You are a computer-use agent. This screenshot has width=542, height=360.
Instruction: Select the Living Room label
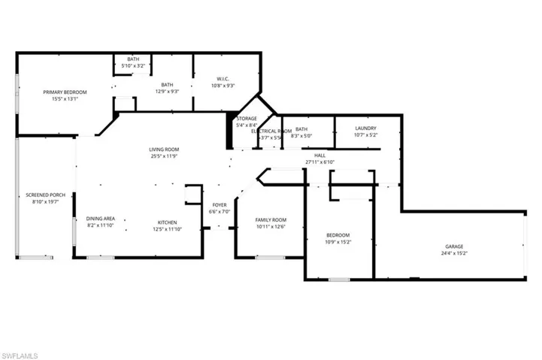(163, 150)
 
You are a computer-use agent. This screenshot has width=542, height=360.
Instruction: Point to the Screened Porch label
(45, 195)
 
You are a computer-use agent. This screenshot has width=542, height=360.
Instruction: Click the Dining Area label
(100, 217)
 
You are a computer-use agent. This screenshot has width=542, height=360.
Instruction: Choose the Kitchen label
(167, 222)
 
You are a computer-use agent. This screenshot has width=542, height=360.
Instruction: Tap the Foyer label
(219, 205)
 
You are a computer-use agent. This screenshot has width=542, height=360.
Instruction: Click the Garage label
(453, 247)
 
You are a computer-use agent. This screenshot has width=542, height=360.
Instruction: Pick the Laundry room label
(365, 129)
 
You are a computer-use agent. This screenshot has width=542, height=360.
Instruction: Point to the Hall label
(319, 156)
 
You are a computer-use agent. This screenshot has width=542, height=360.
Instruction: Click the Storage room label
(247, 119)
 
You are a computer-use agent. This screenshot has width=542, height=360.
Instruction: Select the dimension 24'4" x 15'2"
(453, 254)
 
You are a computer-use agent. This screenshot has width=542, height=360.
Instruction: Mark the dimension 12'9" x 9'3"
(167, 92)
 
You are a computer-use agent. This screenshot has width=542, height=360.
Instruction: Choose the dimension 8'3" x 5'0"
(301, 136)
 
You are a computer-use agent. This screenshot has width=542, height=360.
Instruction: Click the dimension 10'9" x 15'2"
(338, 242)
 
